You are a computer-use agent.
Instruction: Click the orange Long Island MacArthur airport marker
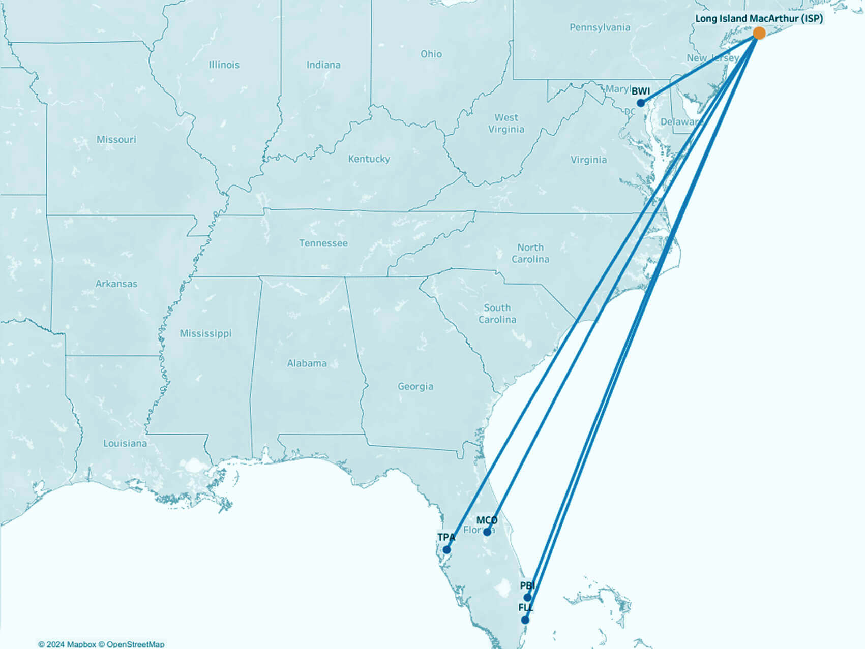click(x=759, y=34)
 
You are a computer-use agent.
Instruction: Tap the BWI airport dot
click(x=641, y=103)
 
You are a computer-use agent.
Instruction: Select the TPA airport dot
click(x=446, y=549)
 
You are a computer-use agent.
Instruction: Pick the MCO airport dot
click(x=487, y=532)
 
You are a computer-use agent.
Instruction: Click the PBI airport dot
click(x=528, y=597)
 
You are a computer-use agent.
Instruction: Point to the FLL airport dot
click(x=525, y=620)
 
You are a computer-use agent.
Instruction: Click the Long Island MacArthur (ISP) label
click(x=759, y=19)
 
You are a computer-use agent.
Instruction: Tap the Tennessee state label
click(x=323, y=243)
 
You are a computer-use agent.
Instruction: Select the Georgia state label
click(x=415, y=387)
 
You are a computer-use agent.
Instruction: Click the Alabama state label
click(x=307, y=363)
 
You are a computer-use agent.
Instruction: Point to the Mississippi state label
click(x=205, y=334)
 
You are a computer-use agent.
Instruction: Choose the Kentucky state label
click(x=369, y=159)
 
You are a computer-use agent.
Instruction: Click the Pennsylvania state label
click(x=600, y=27)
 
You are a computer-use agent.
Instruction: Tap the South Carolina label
click(x=497, y=314)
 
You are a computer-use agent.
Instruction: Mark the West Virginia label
click(x=506, y=123)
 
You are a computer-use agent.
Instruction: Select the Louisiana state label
click(x=125, y=444)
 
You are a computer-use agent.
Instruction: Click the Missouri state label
click(x=116, y=140)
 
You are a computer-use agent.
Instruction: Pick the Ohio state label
click(x=431, y=54)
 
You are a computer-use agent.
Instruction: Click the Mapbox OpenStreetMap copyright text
click(x=101, y=644)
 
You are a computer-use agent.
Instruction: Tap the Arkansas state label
click(x=116, y=284)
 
